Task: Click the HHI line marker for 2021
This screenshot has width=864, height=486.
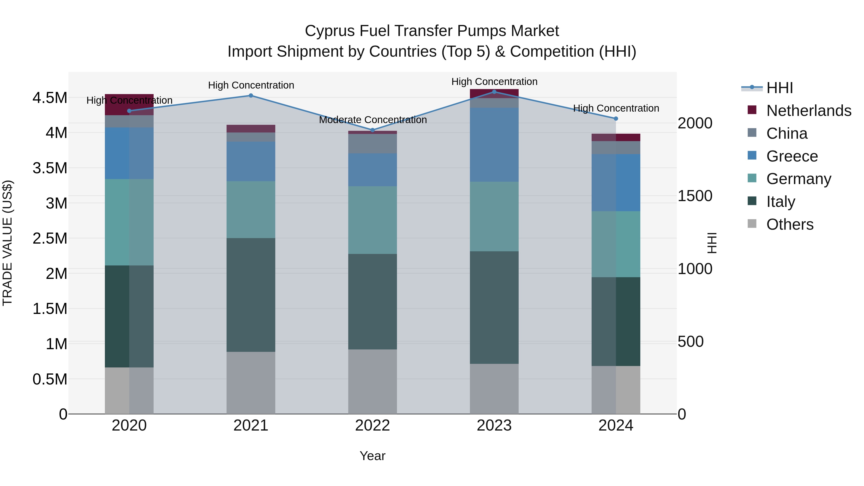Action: coord(251,96)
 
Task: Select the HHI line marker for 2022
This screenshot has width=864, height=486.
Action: coord(372,130)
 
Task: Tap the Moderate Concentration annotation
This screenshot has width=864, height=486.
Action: coord(373,120)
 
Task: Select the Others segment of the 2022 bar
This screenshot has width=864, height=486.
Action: coord(372,381)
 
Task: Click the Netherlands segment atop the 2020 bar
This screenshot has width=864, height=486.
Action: coord(129,104)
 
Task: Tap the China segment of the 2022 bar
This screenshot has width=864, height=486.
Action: coord(372,144)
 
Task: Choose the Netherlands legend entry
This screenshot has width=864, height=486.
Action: coord(809,111)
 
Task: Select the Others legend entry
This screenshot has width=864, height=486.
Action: coord(790,224)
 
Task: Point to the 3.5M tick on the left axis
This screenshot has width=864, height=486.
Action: coord(50,168)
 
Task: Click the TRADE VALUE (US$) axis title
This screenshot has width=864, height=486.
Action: coord(7,243)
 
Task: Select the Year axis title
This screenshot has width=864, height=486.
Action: coord(372,456)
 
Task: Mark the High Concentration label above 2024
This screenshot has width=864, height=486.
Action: coord(616,108)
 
